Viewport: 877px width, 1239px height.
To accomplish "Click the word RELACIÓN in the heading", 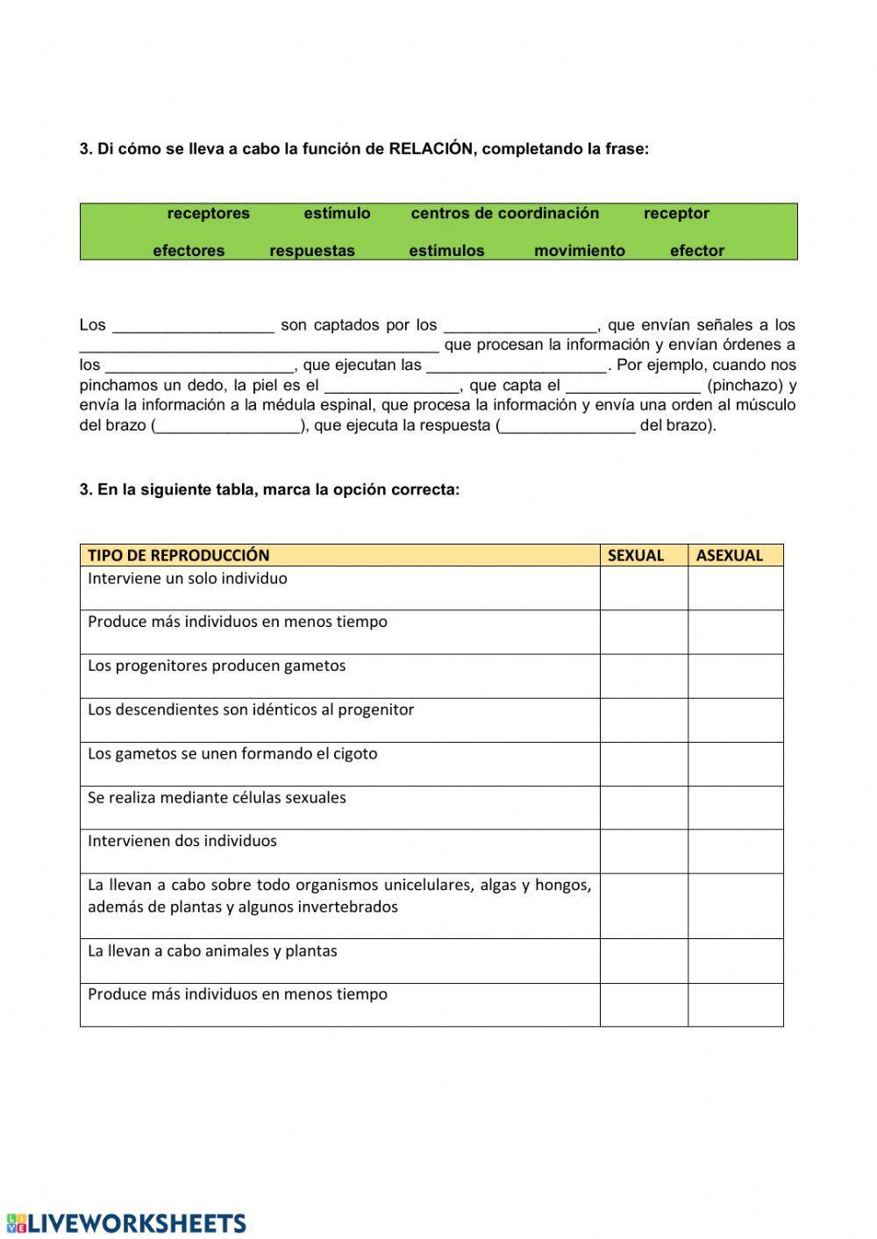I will pos(431,149).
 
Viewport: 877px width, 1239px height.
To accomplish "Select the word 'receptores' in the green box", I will pos(209,213).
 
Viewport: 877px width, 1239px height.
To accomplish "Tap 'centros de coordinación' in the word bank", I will pos(505,213).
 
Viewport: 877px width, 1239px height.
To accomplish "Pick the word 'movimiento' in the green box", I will pos(580,251).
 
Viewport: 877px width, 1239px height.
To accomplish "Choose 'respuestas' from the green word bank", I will pos(312,251).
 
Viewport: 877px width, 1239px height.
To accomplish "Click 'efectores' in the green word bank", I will pos(189,251).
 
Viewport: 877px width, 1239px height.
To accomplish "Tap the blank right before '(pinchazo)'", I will pos(633,384).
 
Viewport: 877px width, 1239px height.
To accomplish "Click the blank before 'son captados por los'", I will pos(194,325).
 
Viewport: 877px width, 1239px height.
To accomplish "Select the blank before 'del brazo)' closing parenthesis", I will pos(567,425).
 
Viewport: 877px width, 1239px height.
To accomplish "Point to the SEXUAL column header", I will pos(636,555).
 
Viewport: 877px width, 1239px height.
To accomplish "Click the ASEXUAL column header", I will pos(730,555).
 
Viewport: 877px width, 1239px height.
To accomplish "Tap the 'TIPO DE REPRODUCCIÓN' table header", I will pos(179,555).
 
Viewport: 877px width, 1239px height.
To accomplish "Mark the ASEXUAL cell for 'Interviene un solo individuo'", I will pos(735,587).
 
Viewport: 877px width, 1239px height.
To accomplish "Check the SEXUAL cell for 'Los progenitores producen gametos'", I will pos(644,676).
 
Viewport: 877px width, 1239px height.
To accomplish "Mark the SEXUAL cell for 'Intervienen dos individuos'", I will pos(644,851).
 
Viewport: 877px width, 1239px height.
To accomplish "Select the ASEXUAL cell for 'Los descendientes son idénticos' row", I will pos(735,720).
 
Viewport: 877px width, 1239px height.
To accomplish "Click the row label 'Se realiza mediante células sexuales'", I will pos(217,797).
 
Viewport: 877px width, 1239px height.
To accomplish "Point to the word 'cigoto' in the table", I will pos(354,753).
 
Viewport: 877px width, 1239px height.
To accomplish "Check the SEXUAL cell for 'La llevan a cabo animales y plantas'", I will pos(644,960).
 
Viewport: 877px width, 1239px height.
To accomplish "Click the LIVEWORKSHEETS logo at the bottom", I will pos(127,1223).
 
